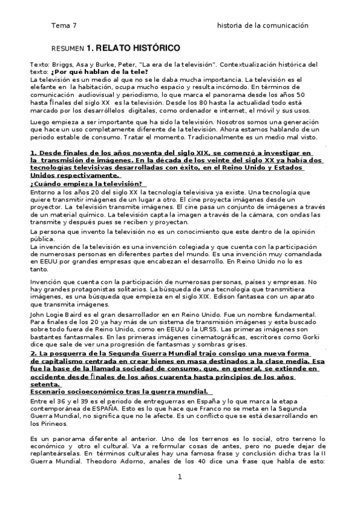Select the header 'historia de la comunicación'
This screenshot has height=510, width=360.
(263, 26)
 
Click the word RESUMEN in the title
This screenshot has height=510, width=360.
(67, 48)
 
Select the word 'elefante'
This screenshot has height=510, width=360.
(44, 87)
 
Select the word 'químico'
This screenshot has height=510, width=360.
(98, 214)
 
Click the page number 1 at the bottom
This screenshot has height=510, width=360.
(179, 477)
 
